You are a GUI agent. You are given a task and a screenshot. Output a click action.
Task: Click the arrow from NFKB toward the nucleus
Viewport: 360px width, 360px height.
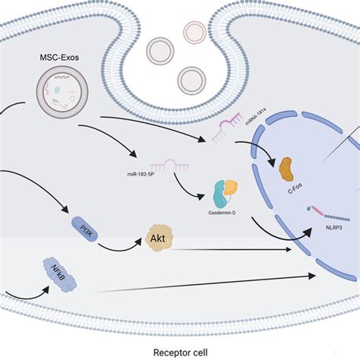tap(205, 281)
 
